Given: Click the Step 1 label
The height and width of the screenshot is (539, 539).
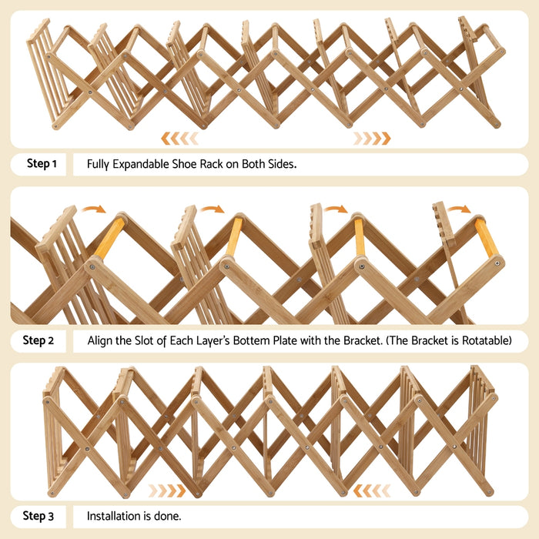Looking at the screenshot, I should click(42, 164).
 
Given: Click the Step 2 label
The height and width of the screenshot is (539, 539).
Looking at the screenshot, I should click(38, 340).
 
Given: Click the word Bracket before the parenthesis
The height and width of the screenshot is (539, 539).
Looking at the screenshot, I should click(361, 340).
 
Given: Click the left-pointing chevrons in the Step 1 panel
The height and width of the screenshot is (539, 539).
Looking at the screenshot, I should click(179, 138).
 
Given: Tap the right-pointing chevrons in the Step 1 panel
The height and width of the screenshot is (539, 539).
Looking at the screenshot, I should click(372, 138).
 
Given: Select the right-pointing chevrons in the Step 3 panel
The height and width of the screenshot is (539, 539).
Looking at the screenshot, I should click(167, 490).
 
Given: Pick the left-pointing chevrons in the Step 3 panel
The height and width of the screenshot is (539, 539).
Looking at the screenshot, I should click(372, 490).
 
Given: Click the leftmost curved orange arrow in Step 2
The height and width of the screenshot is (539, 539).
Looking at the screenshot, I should click(95, 209).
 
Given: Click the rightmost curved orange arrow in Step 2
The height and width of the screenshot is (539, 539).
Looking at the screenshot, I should click(460, 209).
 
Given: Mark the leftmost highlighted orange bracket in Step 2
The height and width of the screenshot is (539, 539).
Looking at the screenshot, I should click(109, 239).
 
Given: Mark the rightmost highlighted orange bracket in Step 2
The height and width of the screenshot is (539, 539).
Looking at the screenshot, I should click(486, 238).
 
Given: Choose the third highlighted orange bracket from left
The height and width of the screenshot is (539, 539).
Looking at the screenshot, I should click(360, 238).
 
